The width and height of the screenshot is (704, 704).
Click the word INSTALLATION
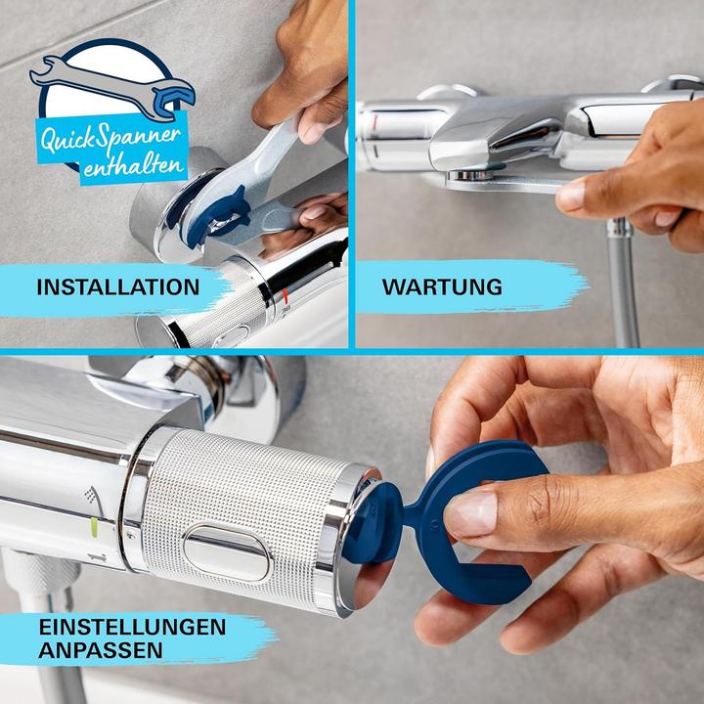click(117, 286)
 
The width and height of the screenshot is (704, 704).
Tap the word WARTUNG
click(442, 286)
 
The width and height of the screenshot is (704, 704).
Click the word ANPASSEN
click(102, 648)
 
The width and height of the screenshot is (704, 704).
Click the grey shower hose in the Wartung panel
click(624, 284)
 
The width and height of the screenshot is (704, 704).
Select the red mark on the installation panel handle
click(285, 293)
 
